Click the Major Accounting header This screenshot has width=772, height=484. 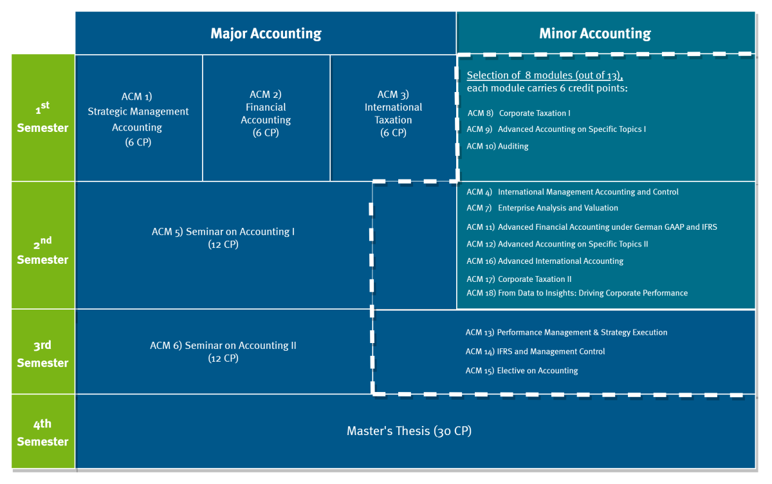point(266,33)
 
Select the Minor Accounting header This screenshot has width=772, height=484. point(595,33)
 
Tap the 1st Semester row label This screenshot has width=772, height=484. point(43,118)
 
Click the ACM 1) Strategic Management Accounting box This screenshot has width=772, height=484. point(138,118)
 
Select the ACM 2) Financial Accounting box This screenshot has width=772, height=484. point(266,118)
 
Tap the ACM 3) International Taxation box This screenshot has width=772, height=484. point(393,118)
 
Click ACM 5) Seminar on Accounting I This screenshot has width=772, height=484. point(223,238)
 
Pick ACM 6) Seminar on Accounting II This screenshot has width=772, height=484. point(223,351)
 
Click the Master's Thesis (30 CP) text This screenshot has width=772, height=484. point(409,431)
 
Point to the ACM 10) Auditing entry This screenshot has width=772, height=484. point(497,146)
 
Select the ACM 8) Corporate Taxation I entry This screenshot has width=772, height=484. point(519,113)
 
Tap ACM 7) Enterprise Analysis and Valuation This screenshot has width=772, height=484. point(542,208)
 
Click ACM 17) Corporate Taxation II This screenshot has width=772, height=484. point(519,279)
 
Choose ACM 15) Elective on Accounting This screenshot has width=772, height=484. point(522,371)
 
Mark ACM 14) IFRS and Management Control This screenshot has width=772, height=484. point(535,351)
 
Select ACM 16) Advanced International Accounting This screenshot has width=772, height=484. point(545,261)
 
